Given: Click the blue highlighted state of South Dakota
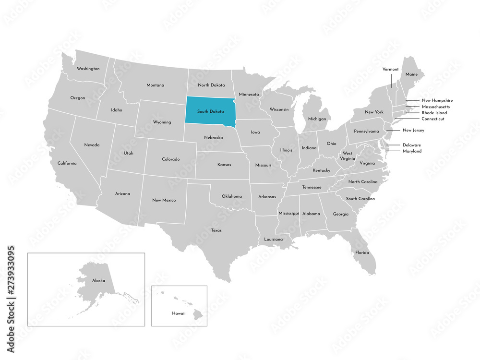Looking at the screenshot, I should pyautogui.click(x=210, y=112).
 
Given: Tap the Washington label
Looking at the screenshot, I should pyautogui.click(x=88, y=69).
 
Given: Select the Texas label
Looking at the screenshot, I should pyautogui.click(x=216, y=230).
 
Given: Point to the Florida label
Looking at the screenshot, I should pyautogui.click(x=362, y=252).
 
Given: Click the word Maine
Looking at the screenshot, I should pyautogui.click(x=411, y=74).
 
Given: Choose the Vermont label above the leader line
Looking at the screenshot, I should pyautogui.click(x=390, y=69).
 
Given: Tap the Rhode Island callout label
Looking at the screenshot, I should pyautogui.click(x=434, y=113).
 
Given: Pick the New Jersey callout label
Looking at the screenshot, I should pyautogui.click(x=413, y=130).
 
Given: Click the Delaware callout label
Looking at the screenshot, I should pyautogui.click(x=412, y=145).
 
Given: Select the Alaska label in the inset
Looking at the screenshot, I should pyautogui.click(x=98, y=280).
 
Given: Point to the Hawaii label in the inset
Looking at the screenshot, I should pyautogui.click(x=179, y=312).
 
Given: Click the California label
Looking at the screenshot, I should pyautogui.click(x=67, y=163).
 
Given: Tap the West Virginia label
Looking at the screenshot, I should pyautogui.click(x=347, y=156).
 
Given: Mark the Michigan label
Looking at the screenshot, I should pyautogui.click(x=317, y=119).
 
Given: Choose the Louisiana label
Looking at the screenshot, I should pyautogui.click(x=274, y=239).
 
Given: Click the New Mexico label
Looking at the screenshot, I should pyautogui.click(x=164, y=200).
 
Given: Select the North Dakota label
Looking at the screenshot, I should pyautogui.click(x=211, y=85).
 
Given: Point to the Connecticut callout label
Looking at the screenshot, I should pyautogui.click(x=433, y=119).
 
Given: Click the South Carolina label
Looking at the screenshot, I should pyautogui.click(x=360, y=199).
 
